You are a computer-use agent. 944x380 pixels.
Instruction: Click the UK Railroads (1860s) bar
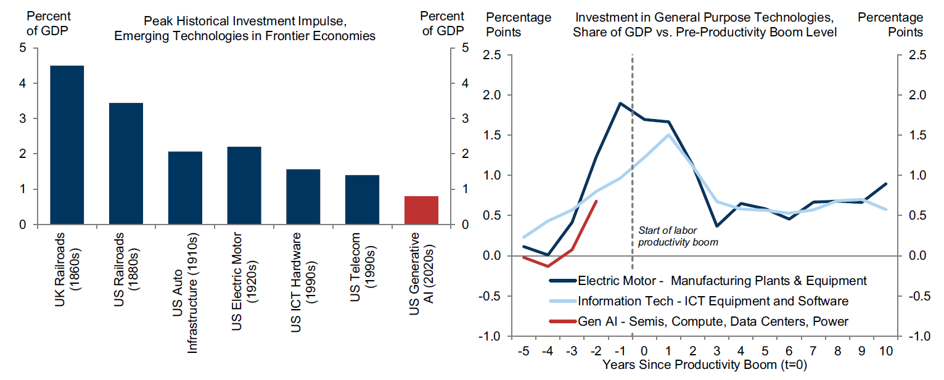coord(67,145)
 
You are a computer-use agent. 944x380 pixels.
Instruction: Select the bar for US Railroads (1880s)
coord(126,163)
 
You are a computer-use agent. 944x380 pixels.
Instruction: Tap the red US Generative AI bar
coord(421,210)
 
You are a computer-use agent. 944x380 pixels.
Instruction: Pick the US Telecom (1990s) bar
coord(362,200)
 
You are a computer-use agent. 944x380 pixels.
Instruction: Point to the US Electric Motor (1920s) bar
coord(244,186)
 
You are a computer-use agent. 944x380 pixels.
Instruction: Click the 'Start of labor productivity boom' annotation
coord(678,236)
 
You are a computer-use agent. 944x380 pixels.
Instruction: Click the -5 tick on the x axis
coord(523,352)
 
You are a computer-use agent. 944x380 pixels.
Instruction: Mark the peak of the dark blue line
coord(620,103)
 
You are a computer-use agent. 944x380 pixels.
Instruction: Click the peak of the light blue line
coord(668,134)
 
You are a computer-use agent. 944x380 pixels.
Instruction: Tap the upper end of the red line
coord(596,200)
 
